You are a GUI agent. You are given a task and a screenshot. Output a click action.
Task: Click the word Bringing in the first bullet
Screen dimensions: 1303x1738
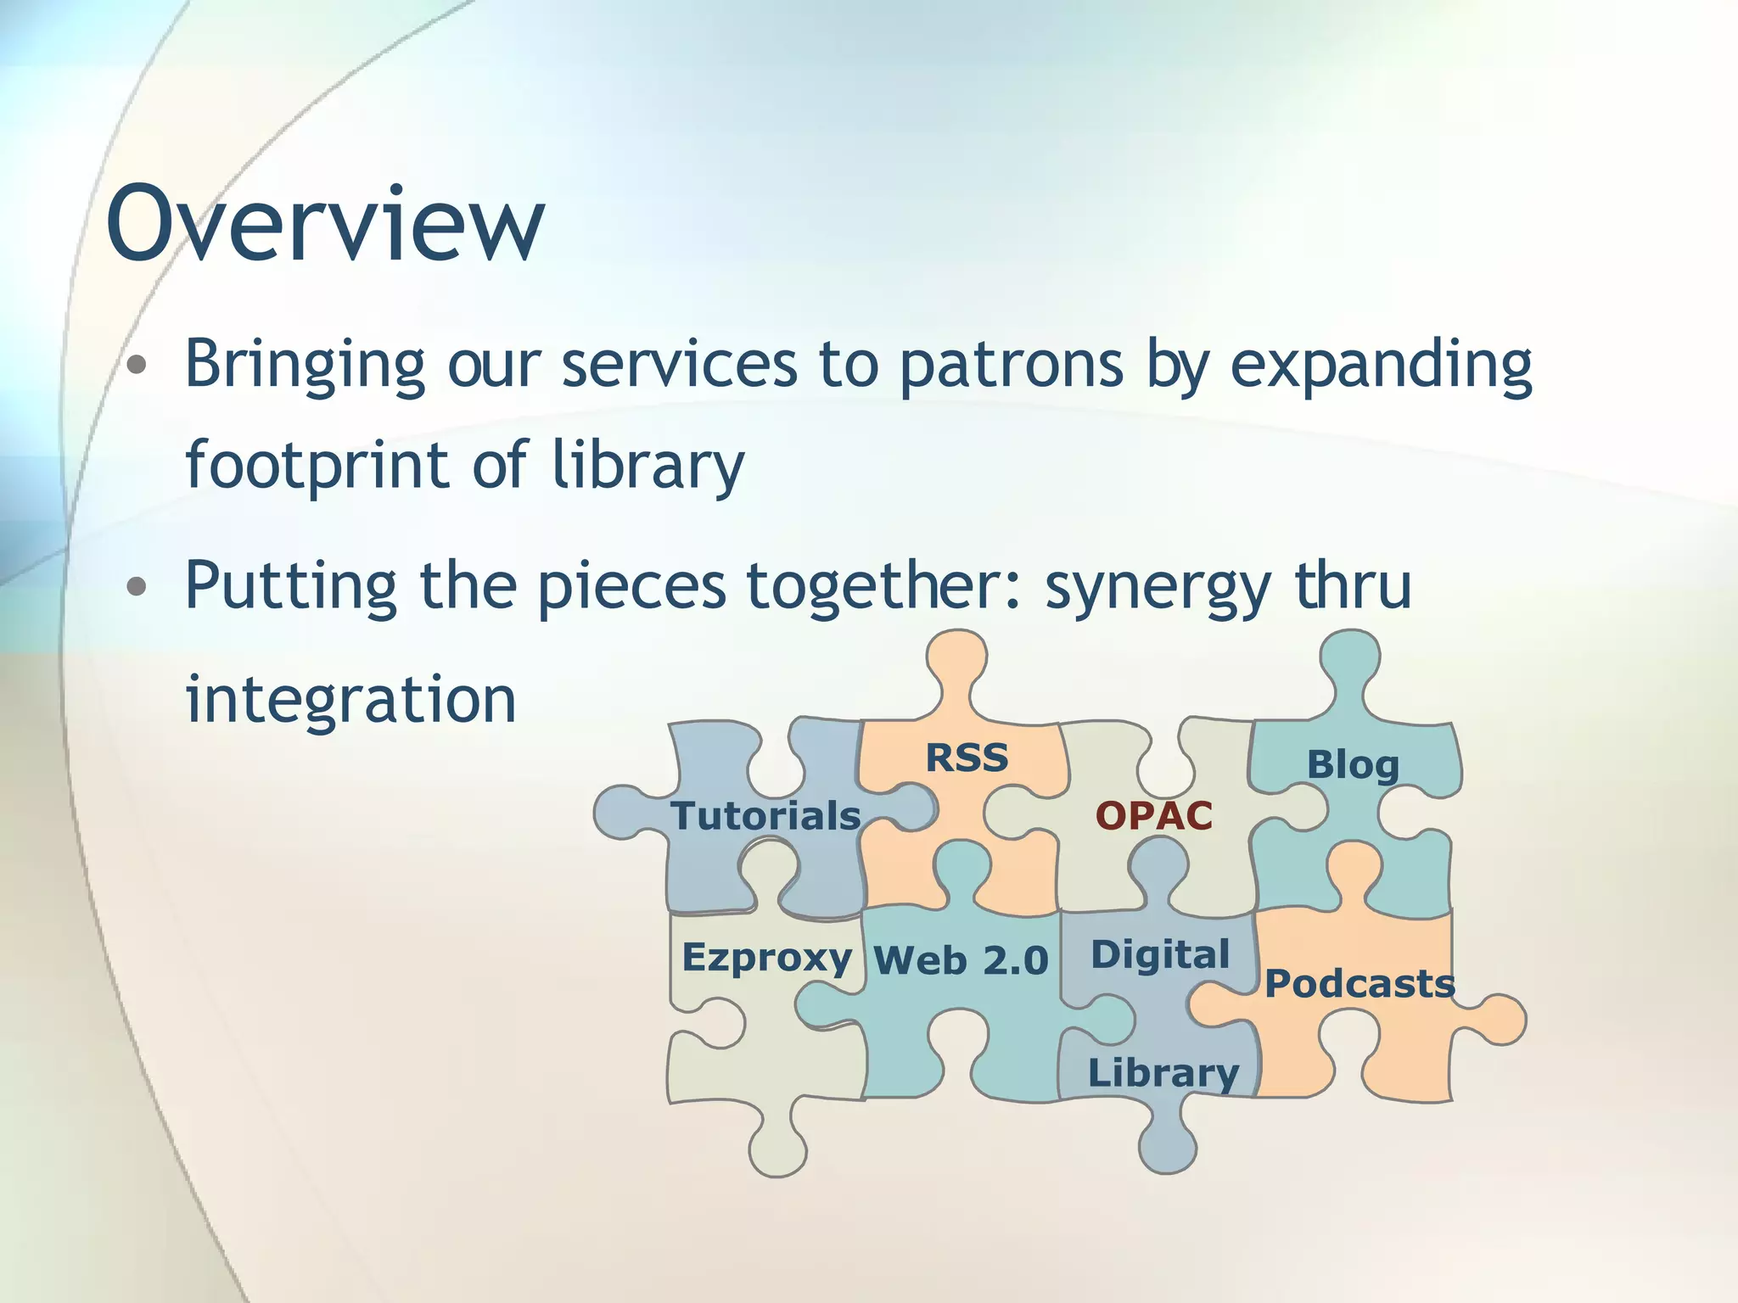pyautogui.click(x=305, y=365)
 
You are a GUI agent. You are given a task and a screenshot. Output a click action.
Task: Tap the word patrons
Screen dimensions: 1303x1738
pyautogui.click(x=1011, y=365)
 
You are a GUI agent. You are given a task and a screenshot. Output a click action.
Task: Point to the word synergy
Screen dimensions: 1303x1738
pyautogui.click(x=1158, y=587)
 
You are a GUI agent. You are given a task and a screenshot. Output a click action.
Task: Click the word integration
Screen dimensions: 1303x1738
pyautogui.click(x=350, y=699)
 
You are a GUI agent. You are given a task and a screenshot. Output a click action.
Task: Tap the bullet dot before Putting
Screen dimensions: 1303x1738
pyautogui.click(x=137, y=586)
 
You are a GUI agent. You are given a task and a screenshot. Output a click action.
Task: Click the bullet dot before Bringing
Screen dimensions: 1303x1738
pyautogui.click(x=137, y=366)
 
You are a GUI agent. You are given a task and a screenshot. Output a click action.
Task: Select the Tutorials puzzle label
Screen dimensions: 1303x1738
pyautogui.click(x=765, y=816)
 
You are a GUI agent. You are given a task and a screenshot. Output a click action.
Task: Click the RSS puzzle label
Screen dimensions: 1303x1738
pyautogui.click(x=967, y=758)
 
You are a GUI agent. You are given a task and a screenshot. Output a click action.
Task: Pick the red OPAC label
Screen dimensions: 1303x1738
pyautogui.click(x=1154, y=816)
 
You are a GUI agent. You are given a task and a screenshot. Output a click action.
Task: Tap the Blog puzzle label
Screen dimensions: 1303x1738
pyautogui.click(x=1353, y=765)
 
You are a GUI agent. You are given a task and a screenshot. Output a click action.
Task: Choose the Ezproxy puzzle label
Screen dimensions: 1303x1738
pyautogui.click(x=766, y=958)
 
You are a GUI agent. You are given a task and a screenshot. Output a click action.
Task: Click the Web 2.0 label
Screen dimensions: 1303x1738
pyautogui.click(x=961, y=961)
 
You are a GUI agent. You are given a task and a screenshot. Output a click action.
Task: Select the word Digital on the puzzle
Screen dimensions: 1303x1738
pyautogui.click(x=1160, y=955)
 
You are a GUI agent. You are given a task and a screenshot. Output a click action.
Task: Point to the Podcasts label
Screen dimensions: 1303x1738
pyautogui.click(x=1360, y=984)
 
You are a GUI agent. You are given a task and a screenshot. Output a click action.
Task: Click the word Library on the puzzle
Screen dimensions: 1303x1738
pyautogui.click(x=1163, y=1073)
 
